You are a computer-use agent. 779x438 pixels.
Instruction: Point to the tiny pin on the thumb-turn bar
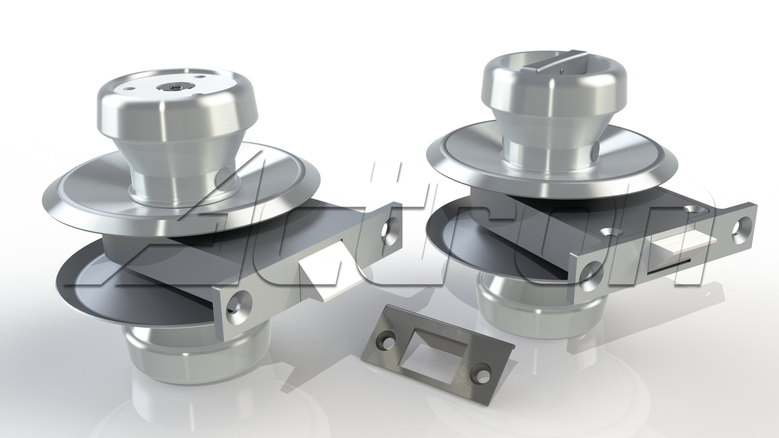562,70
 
